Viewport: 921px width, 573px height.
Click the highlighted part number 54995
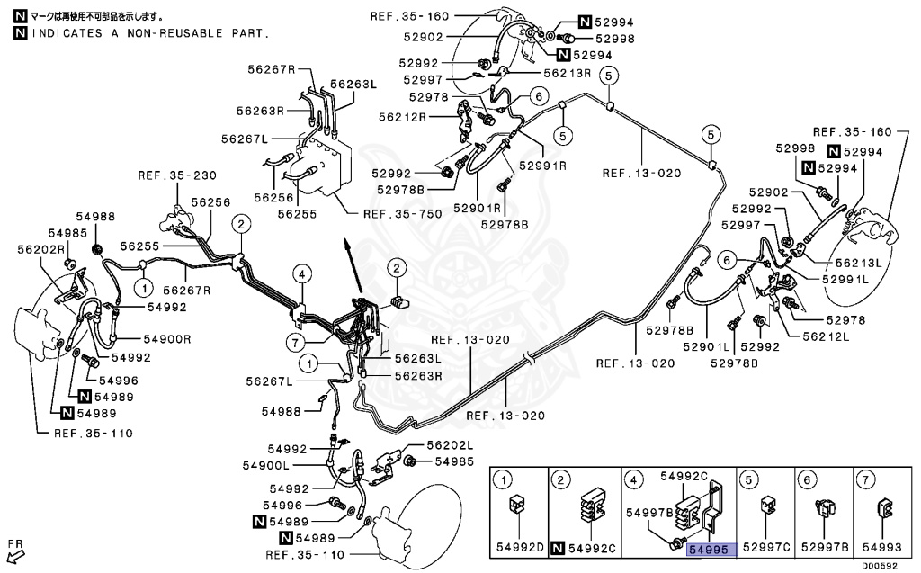[x=711, y=548]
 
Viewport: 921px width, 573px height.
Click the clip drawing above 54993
[x=883, y=510]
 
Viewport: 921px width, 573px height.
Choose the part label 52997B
[x=826, y=548]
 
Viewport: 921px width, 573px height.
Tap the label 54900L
[x=266, y=465]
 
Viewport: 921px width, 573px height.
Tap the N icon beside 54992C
[x=559, y=548]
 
